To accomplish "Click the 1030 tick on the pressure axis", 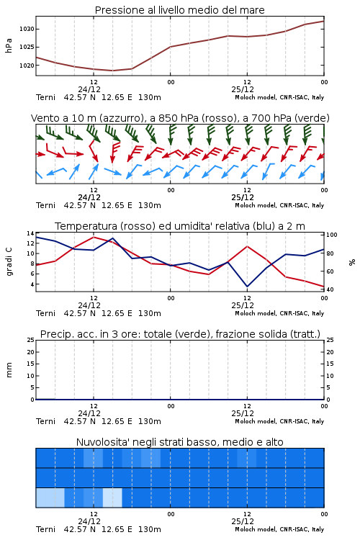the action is [x=27, y=29].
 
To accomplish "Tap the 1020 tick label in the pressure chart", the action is [x=27, y=66].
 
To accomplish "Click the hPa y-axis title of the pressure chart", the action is [x=9, y=45].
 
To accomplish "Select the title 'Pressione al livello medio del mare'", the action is [x=179, y=10].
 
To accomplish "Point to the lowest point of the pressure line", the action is [x=112, y=71].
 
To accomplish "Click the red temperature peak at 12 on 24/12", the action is [x=94, y=237].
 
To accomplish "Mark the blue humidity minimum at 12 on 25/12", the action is [x=247, y=286].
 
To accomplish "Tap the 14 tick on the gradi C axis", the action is [x=31, y=233].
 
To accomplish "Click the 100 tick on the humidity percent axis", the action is [x=331, y=235].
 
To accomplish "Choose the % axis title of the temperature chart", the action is [x=352, y=262].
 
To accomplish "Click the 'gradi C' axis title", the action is [x=9, y=261].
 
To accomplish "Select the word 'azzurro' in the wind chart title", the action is [x=121, y=119].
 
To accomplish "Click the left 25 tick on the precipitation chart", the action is [x=31, y=340].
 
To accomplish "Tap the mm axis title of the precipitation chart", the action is [x=9, y=370].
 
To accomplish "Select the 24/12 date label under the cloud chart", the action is [x=89, y=521].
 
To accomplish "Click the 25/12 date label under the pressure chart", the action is [x=243, y=89].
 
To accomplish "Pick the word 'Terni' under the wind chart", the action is [x=45, y=206].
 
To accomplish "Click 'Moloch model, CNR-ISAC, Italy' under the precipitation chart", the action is [x=279, y=421].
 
